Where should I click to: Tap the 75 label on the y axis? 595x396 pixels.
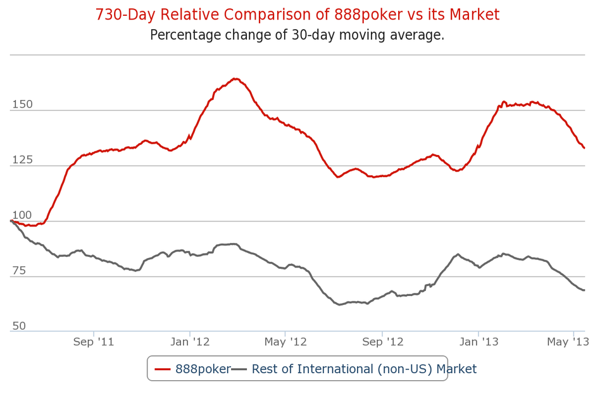[18, 271]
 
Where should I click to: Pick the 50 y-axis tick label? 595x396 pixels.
[18, 326]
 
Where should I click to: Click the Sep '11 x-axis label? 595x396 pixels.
[94, 342]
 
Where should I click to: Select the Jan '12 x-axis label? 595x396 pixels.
[190, 342]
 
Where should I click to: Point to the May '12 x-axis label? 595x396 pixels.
[285, 342]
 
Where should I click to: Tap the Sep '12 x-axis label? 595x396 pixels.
[382, 342]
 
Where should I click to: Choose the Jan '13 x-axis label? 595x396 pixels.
[479, 342]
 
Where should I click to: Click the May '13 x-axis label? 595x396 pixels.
[568, 342]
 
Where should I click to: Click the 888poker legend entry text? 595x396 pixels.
[203, 369]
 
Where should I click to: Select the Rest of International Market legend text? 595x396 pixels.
[364, 369]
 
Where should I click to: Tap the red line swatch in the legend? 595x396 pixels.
[163, 369]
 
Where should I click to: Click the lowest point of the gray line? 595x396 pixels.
[340, 304]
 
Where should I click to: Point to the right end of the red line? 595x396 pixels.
[584, 148]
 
